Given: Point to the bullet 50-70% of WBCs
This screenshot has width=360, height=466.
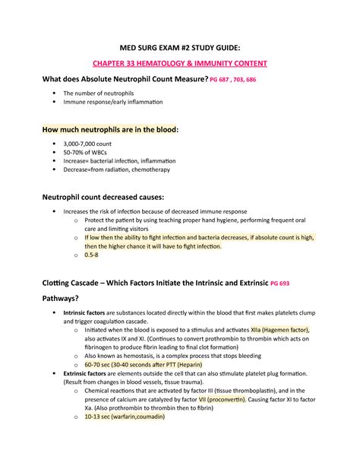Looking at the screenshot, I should [x=93, y=151].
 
